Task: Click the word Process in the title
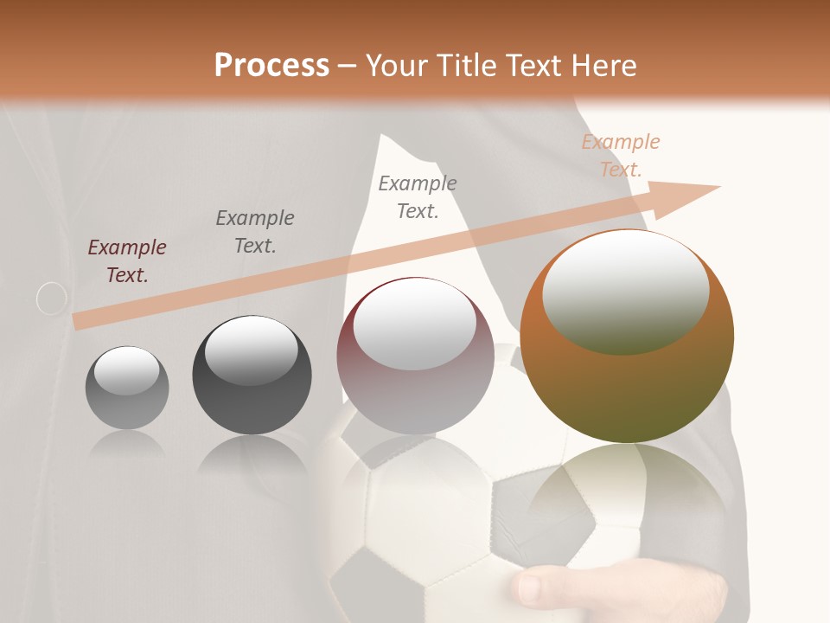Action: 271,66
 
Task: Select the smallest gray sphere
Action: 127,389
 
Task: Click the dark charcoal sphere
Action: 252,376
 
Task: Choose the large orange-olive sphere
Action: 627,337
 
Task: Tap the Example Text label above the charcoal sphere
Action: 255,232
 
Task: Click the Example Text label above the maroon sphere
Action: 418,196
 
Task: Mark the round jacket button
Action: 52,299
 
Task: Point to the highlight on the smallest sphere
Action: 126,371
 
